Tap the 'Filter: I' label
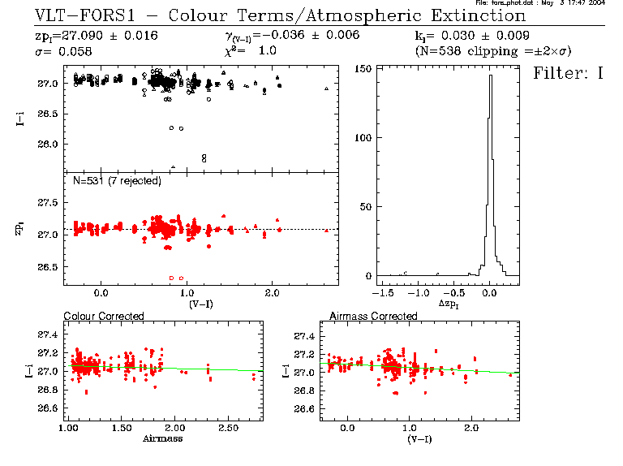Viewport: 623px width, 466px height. tap(569, 74)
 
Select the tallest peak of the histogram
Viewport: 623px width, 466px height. tap(490, 76)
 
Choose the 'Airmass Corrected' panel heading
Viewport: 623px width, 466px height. tap(373, 316)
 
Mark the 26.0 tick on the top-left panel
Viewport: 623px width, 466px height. tap(47, 145)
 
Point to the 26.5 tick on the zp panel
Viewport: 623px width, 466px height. tap(47, 267)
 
